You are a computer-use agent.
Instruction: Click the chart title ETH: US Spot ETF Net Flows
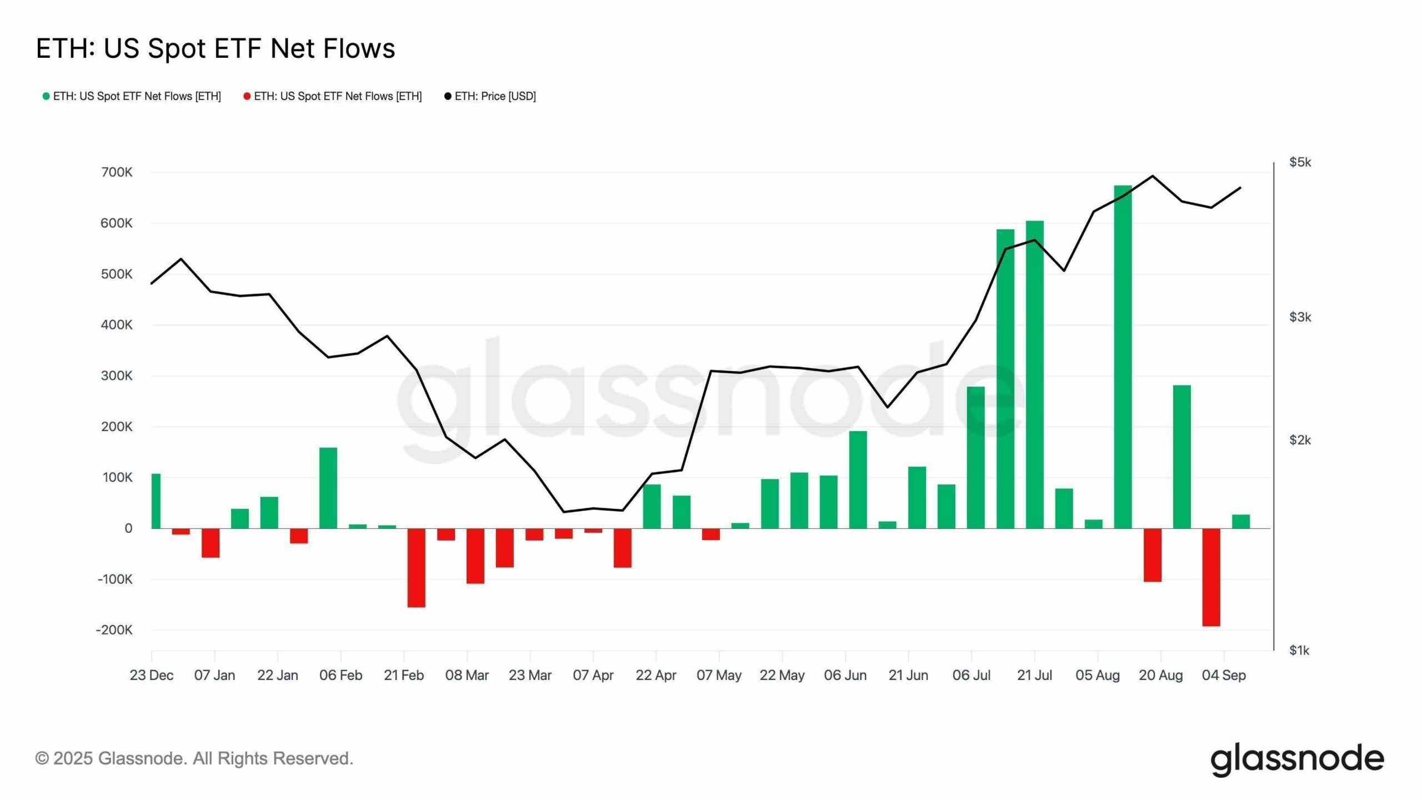(216, 48)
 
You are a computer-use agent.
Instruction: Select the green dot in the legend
(46, 97)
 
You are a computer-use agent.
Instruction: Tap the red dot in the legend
(247, 97)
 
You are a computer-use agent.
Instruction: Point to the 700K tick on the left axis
(117, 172)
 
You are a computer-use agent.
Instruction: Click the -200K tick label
(114, 630)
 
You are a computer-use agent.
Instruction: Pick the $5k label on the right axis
(1300, 162)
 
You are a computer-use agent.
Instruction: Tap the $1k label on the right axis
(1300, 650)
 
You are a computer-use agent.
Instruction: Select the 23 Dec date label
(152, 676)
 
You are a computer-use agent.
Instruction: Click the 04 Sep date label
(1224, 676)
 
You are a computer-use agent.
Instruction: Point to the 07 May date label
(719, 676)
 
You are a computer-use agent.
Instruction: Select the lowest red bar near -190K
(1211, 577)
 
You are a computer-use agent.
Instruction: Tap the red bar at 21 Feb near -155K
(416, 568)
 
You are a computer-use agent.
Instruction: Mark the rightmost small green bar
(1240, 522)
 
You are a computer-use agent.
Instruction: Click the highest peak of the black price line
(1153, 176)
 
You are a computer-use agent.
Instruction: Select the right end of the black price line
(1240, 188)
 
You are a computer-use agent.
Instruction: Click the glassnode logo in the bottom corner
(1297, 759)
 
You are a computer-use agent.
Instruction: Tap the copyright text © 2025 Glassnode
(194, 758)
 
